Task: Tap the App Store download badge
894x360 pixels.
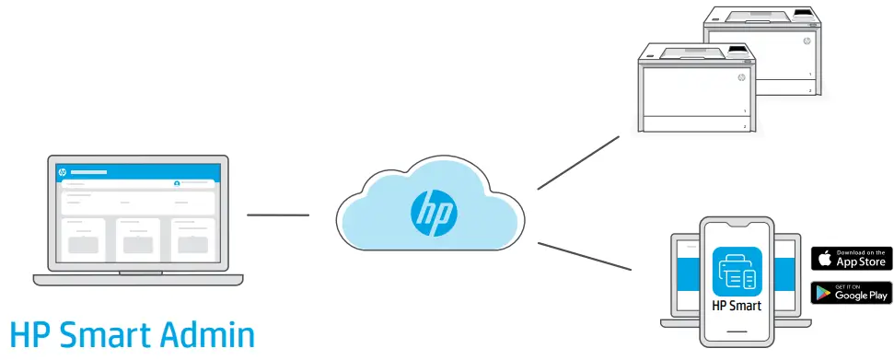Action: pyautogui.click(x=852, y=259)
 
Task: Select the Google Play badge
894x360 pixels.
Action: pyautogui.click(x=852, y=293)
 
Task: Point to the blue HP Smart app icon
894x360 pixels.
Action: pyautogui.click(x=737, y=272)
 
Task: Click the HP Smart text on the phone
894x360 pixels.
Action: pyautogui.click(x=737, y=306)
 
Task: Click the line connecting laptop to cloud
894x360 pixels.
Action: pyautogui.click(x=278, y=215)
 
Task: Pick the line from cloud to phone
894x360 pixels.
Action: pyautogui.click(x=584, y=257)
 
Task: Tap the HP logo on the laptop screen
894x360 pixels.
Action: pyautogui.click(x=63, y=172)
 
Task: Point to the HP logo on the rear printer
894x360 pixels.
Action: pyautogui.click(x=807, y=41)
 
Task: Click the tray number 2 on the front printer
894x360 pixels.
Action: pyautogui.click(x=744, y=127)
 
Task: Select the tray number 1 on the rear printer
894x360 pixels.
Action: pyautogui.click(x=810, y=74)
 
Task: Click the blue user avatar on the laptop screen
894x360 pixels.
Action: pyautogui.click(x=177, y=184)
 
